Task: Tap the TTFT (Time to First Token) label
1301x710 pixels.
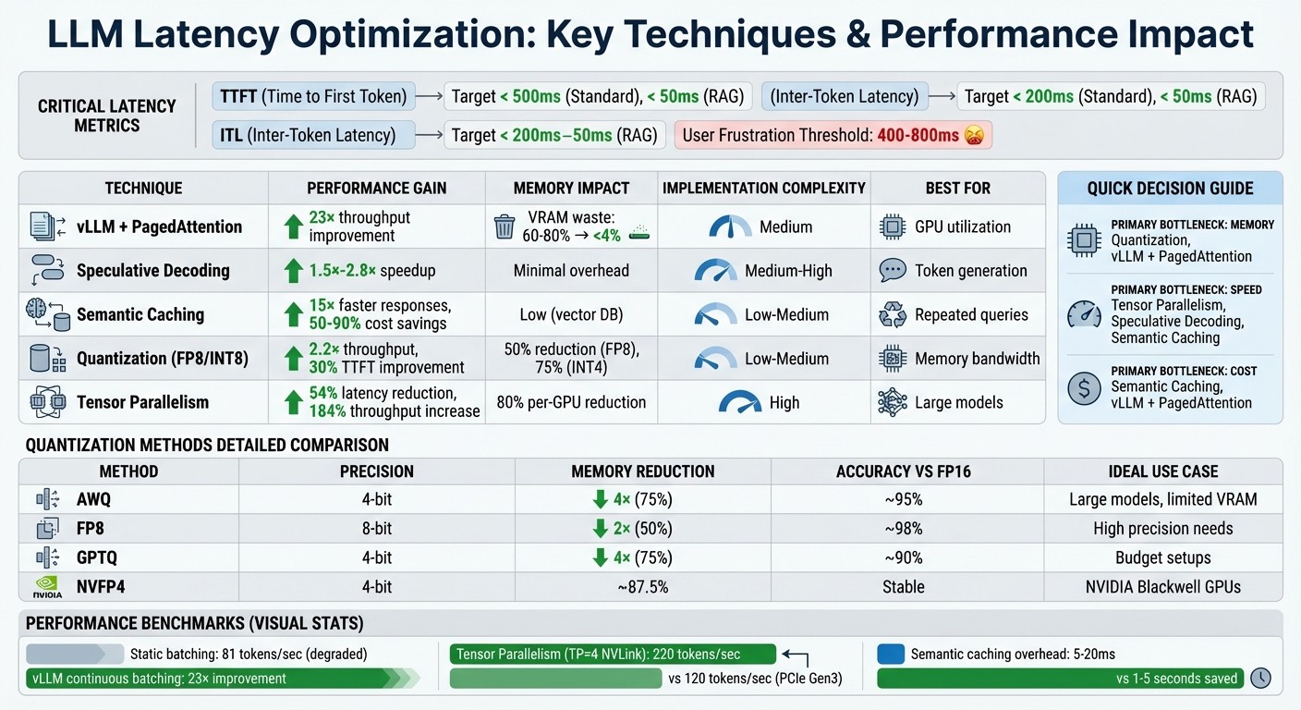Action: pos(313,95)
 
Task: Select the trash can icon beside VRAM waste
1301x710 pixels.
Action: pos(505,226)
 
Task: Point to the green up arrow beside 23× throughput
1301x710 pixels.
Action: pos(293,226)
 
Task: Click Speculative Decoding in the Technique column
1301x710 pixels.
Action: pos(152,271)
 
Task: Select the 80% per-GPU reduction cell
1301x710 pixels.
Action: pos(571,402)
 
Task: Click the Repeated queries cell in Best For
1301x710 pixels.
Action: pos(971,315)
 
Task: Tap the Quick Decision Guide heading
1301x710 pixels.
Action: pos(1170,188)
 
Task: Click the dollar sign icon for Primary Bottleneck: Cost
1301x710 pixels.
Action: pos(1084,387)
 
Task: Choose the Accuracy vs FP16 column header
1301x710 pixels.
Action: pos(906,471)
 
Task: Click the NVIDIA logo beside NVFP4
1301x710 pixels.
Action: pos(47,587)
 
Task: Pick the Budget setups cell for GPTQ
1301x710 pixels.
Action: pos(1162,557)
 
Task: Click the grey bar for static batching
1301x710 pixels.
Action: pos(75,654)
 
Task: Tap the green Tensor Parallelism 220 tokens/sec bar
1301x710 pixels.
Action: pos(612,654)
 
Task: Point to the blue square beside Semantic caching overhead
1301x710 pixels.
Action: pos(890,654)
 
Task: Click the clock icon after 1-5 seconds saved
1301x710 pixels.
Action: pos(1260,678)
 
